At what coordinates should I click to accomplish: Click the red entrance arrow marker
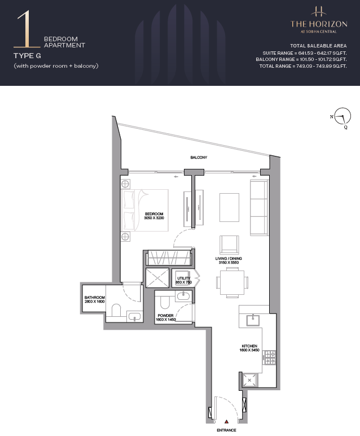point(227,421)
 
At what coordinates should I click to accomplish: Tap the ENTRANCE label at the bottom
point(226,430)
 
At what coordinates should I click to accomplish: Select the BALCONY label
point(199,158)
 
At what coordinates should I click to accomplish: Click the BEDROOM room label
point(154,214)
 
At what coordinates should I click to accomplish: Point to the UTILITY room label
point(183,278)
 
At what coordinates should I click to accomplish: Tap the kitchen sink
point(253,320)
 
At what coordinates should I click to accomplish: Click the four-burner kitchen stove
point(270,357)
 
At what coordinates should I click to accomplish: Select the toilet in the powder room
point(165,302)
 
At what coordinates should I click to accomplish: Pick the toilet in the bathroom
point(116,310)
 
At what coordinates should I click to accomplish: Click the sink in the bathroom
point(135,316)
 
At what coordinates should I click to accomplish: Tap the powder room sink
point(183,296)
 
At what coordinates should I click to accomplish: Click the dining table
point(232,282)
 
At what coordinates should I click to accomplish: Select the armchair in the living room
point(229,245)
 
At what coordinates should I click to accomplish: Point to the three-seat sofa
point(259,207)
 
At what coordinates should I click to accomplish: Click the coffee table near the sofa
point(229,207)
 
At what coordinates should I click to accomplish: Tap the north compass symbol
point(342,117)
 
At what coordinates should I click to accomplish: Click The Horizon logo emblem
point(319,12)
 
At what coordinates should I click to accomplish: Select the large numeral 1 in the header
point(27,29)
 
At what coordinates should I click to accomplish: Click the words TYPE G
point(27,56)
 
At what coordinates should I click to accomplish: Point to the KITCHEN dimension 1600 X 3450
point(249,350)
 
